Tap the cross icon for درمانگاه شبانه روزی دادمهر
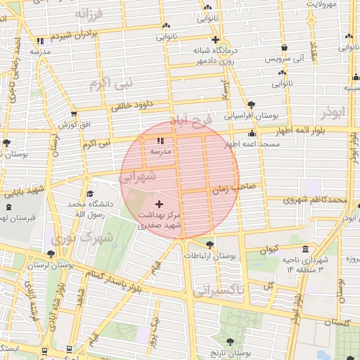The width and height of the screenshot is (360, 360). point(215,39)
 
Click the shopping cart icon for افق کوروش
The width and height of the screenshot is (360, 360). point(74,114)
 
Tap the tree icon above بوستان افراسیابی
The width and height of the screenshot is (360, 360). point(251,104)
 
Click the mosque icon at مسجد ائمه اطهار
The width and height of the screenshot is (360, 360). point(252,134)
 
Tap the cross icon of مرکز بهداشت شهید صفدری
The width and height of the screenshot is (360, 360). point(158,203)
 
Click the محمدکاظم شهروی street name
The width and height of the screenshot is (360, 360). point(315,200)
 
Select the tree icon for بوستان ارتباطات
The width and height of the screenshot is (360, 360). point(210,245)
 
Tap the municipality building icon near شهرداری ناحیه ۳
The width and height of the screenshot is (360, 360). point(305,249)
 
